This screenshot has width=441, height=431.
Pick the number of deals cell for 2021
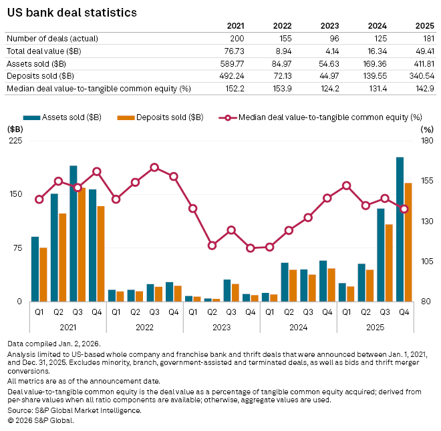[245, 39]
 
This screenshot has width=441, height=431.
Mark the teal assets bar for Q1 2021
[35, 269]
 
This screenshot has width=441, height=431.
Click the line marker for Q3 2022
[154, 167]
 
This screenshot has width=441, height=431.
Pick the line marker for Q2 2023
[212, 246]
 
